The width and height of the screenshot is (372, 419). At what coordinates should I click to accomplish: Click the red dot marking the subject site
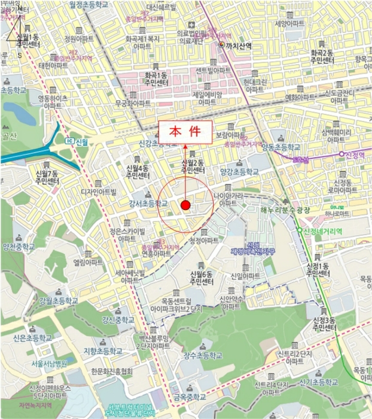tap(185, 205)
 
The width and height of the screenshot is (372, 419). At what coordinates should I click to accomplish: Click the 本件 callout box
tap(184, 132)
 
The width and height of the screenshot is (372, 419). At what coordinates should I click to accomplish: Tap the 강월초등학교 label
tap(58, 300)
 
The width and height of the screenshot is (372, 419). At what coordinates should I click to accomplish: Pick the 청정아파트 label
tap(205, 241)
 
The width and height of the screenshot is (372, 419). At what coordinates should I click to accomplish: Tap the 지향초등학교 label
tap(103, 350)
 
